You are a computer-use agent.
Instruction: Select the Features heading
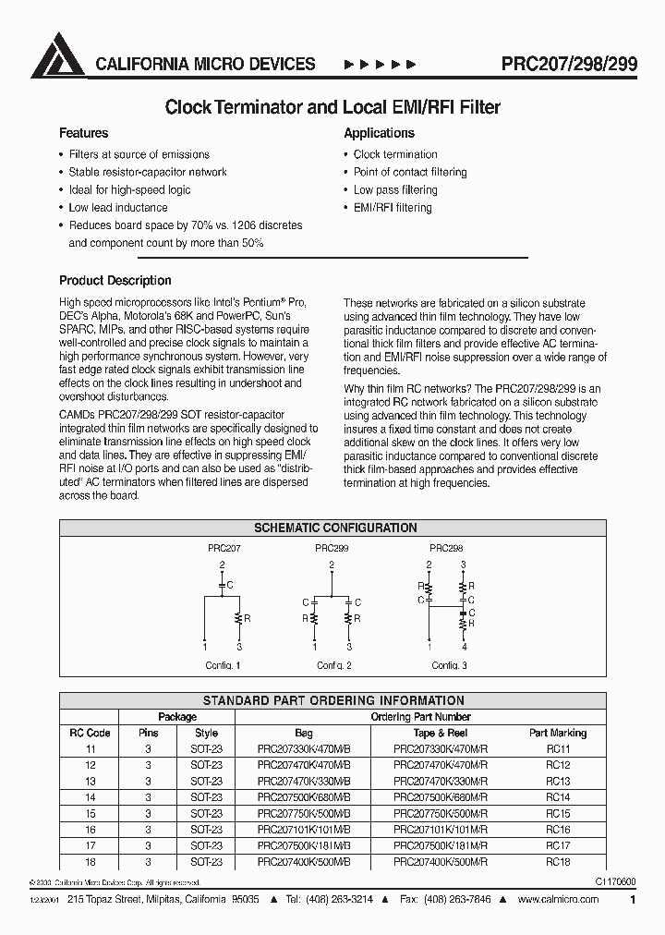coord(84,133)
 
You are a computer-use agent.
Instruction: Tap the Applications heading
coord(379,133)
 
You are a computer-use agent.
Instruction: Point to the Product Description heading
coord(115,281)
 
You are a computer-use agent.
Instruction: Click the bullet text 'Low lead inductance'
coord(118,208)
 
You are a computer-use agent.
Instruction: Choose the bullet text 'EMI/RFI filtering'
coord(393,208)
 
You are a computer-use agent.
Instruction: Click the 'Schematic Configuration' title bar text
coord(334,528)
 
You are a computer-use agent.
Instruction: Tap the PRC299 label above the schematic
coord(332,548)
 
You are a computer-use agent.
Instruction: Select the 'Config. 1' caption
coord(224,665)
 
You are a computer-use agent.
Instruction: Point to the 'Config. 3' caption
coord(449,665)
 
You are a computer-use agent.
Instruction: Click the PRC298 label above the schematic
coord(446,548)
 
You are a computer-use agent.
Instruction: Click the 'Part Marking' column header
coord(558,733)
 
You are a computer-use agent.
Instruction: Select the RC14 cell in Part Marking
coord(558,797)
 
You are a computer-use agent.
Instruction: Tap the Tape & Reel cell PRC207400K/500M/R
coord(440,862)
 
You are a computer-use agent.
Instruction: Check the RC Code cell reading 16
coord(91,830)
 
